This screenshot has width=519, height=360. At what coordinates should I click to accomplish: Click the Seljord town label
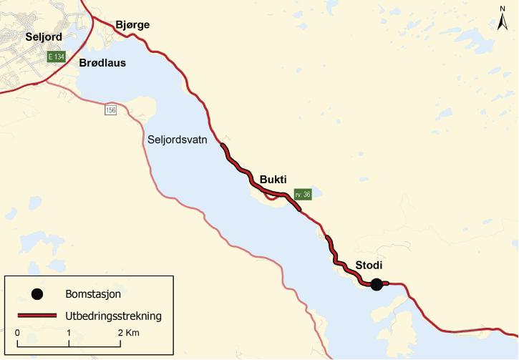pos(43,37)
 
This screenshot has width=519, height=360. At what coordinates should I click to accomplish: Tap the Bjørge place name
pos(132,25)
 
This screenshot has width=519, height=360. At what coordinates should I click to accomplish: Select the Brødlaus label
pos(103,63)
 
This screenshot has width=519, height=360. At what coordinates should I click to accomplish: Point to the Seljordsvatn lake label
pos(177,140)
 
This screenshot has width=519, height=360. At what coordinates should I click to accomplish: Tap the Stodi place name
pos(369,266)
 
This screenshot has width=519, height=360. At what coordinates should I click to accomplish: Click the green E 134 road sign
pos(57,57)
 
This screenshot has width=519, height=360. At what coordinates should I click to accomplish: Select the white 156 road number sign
pos(110,110)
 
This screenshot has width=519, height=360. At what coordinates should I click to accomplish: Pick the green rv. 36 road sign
pos(302,194)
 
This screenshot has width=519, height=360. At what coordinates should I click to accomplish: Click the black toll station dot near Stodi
pos(377,284)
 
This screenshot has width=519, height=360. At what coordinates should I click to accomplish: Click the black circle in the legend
pos(37,293)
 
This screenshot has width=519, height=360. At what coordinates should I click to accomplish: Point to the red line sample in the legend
pos(37,315)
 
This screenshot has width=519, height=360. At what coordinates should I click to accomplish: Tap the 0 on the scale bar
pos(16,334)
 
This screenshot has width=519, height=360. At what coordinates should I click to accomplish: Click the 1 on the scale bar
pos(69,334)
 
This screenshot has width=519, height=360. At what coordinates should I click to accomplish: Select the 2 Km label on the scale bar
pos(130,334)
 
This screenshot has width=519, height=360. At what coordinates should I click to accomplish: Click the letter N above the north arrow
pos(502,9)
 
